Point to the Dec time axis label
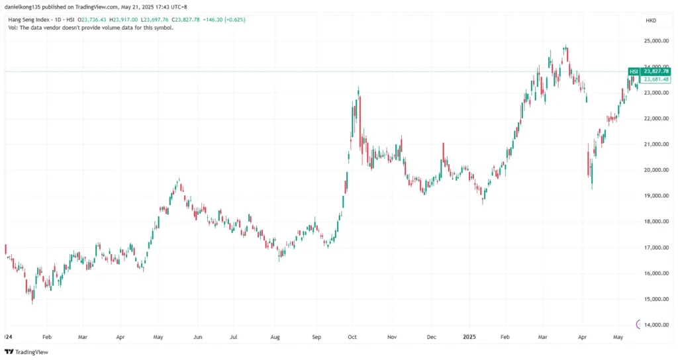[432, 337]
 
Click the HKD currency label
[650, 21]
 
